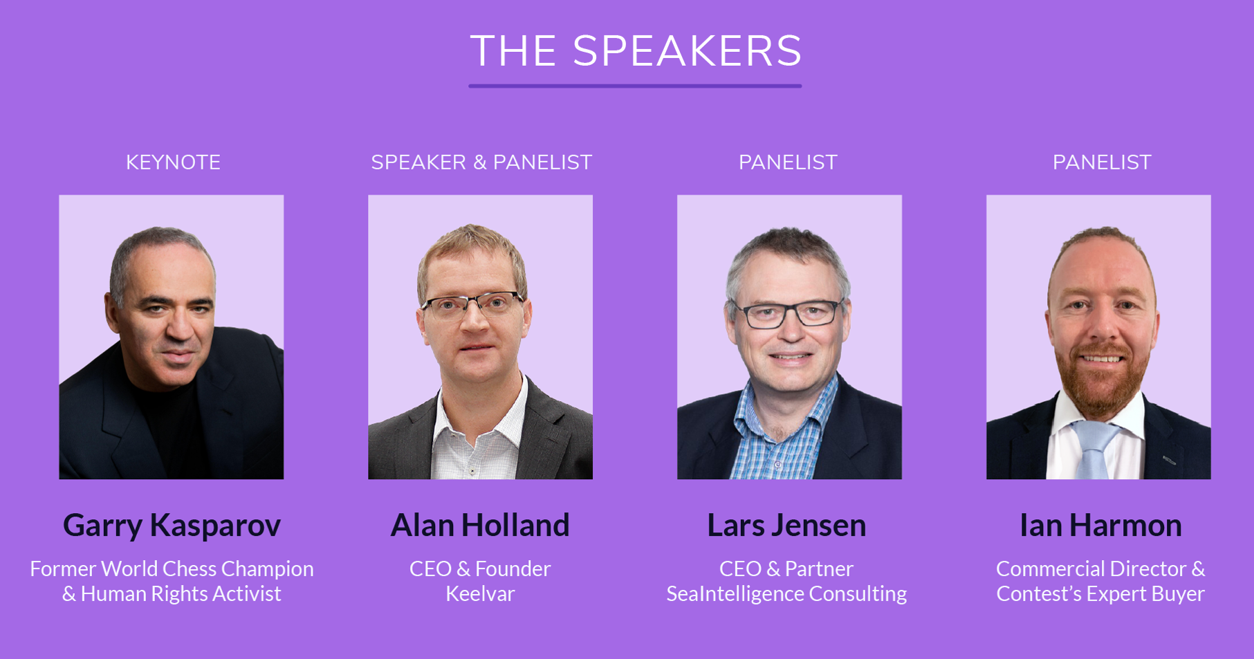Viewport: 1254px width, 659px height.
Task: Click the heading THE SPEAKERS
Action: coord(636,51)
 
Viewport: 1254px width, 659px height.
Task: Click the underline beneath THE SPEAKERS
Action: coord(635,86)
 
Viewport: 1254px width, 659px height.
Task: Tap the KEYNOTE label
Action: coord(173,163)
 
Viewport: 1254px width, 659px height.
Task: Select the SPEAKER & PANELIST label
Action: coord(481,163)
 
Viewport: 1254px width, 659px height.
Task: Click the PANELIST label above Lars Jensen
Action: coord(788,163)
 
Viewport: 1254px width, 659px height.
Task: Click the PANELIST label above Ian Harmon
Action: coord(1102,163)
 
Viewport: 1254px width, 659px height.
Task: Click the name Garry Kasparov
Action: coord(172,526)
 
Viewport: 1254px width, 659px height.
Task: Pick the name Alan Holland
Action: coord(480,526)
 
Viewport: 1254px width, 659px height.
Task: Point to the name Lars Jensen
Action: coord(786,526)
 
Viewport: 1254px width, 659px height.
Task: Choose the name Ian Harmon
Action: coord(1100,526)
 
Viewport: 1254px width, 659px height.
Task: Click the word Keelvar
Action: coord(480,593)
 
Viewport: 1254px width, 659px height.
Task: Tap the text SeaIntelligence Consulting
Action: coord(786,594)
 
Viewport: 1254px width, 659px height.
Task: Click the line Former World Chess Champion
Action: coord(172,569)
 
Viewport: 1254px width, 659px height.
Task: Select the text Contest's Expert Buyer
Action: coord(1100,594)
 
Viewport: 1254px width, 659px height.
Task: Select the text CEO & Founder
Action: coord(480,569)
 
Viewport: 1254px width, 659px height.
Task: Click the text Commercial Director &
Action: coord(1100,569)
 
